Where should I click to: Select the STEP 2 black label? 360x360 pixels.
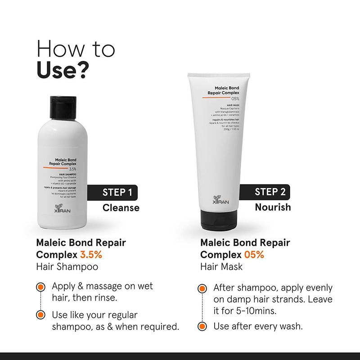(268, 192)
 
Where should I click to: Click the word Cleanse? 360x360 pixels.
(121, 208)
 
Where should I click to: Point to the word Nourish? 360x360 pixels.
(273, 207)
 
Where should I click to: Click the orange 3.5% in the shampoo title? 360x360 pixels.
(91, 255)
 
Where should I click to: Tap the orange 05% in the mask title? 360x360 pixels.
(255, 255)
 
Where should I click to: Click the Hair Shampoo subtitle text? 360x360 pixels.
(67, 266)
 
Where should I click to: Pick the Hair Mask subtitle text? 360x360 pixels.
(221, 266)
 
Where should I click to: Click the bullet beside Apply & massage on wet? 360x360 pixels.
(41, 287)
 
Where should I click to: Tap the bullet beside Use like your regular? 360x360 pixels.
(41, 315)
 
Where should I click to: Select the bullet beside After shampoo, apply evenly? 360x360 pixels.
(203, 288)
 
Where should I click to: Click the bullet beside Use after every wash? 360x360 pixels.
(203, 326)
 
